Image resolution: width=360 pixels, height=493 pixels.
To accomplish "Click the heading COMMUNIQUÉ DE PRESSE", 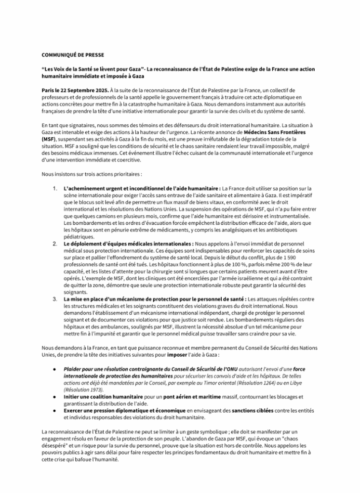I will pyautogui.click(x=73, y=55).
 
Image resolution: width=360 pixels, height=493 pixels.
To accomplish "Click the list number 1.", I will pyautogui.click(x=55, y=188).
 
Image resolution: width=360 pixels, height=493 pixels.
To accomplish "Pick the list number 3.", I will pyautogui.click(x=55, y=299).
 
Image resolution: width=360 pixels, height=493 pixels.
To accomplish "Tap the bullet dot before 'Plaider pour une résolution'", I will pyautogui.click(x=55, y=369).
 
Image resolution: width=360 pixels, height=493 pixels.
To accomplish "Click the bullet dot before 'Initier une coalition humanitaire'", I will pyautogui.click(x=55, y=397).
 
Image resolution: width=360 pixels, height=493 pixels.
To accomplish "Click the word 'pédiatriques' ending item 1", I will pyautogui.click(x=79, y=237).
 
